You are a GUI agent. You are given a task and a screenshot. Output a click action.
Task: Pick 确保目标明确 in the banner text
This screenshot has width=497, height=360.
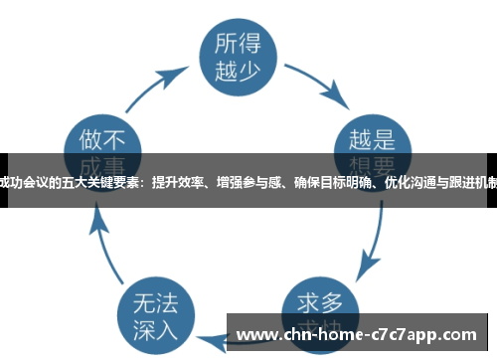(329, 181)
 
